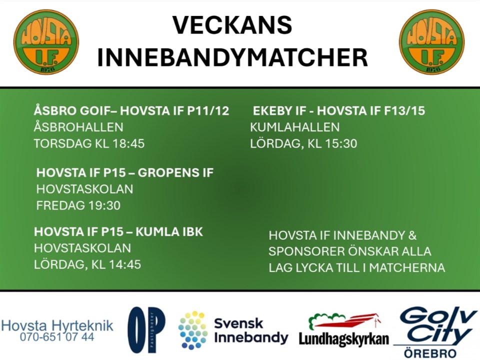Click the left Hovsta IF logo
pos(46,42)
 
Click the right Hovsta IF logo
pos(431,42)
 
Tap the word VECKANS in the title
pos(232,25)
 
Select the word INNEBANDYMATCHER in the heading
pos(232,57)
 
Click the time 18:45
pos(128,143)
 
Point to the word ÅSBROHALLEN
pos(78,126)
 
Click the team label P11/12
pos(208,110)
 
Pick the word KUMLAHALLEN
pos(295,127)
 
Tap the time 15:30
pos(341,143)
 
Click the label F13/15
pos(404,110)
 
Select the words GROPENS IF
pos(175,172)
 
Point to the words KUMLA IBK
pos(169,231)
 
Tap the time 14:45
pos(125,264)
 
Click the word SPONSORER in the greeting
pos(305,251)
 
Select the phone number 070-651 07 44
pos(57,337)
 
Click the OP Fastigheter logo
pos(146,329)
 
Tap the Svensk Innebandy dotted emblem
pos(193,330)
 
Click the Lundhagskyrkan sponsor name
pos(344,339)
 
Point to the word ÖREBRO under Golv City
pos(430,353)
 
